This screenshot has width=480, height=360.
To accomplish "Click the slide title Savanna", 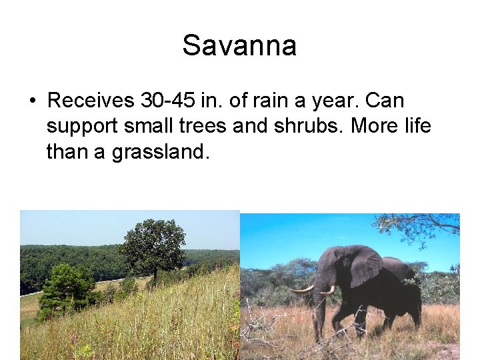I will click(x=239, y=46).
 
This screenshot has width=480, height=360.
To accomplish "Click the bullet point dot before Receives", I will click(x=32, y=101).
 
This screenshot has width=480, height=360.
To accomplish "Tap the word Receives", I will click(x=91, y=101).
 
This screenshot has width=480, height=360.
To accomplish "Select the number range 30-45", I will click(x=168, y=101).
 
